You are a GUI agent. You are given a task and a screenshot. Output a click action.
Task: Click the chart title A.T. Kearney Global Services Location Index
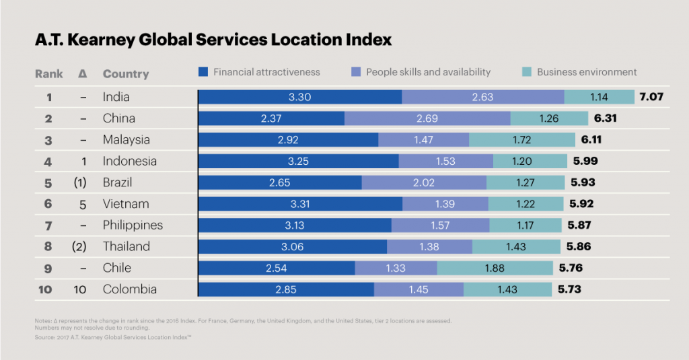point(213,40)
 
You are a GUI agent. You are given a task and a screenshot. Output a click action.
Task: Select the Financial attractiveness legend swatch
point(205,72)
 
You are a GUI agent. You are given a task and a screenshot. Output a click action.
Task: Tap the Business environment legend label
point(586,72)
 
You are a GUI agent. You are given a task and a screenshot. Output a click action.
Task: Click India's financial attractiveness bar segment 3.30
point(299,97)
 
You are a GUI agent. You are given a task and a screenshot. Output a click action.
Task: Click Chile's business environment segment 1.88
point(497,268)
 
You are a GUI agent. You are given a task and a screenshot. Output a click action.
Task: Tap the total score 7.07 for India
point(651,97)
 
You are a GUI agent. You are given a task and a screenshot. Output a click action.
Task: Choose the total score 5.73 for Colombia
point(569,289)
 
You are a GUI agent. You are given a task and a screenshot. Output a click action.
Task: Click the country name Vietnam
point(126,204)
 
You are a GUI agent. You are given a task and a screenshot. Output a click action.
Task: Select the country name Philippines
point(133,225)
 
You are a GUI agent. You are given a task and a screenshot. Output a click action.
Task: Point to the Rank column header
point(49,74)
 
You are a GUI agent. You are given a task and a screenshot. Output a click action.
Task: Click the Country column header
point(126,74)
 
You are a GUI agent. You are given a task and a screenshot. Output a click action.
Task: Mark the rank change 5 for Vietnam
point(82,204)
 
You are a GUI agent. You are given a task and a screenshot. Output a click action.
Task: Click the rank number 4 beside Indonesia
point(49,161)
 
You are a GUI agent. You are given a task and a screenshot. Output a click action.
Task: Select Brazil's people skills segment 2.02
point(424,182)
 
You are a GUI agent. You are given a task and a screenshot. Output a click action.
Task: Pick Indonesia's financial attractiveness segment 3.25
point(298,161)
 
